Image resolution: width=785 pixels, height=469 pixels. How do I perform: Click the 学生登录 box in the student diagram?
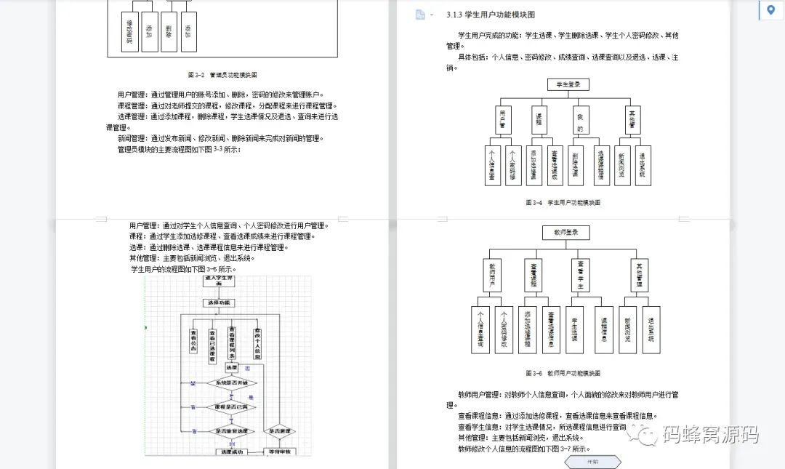point(568,84)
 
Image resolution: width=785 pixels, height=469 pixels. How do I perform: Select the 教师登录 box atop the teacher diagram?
point(565,233)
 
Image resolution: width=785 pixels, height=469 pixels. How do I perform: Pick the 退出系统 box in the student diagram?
point(642,165)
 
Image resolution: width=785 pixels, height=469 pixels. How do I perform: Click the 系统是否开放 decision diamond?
point(232,382)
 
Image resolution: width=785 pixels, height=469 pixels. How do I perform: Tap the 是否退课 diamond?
point(280,431)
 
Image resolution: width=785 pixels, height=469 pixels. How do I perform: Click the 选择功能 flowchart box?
point(218,302)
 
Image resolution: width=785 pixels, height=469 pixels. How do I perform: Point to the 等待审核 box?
point(280,452)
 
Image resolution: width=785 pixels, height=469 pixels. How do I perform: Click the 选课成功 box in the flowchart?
point(232,452)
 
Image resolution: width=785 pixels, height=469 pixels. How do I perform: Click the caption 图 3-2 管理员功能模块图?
point(222,74)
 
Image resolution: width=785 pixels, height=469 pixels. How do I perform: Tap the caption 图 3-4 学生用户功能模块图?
point(563,202)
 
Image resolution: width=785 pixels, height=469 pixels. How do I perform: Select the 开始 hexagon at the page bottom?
point(592,461)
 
